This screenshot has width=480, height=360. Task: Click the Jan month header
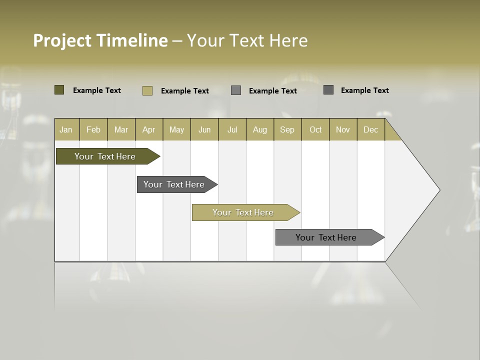(x=66, y=129)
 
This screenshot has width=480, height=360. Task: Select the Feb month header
(x=93, y=129)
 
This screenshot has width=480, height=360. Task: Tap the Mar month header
(x=121, y=129)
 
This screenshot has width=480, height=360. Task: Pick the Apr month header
(x=148, y=129)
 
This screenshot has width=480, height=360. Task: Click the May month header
(x=176, y=129)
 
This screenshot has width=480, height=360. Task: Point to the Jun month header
(x=204, y=129)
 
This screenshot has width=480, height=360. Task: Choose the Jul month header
(x=232, y=129)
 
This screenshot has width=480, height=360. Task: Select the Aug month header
(x=260, y=129)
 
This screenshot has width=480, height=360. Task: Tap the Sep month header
(x=287, y=129)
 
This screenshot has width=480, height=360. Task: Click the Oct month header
(x=315, y=129)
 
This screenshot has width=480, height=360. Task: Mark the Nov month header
(x=343, y=129)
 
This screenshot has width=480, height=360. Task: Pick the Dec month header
(x=370, y=129)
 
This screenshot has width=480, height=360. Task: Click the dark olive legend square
(x=59, y=90)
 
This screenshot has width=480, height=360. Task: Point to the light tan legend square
(x=147, y=90)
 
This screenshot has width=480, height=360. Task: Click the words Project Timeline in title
(x=100, y=40)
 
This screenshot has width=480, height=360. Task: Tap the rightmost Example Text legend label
(x=364, y=90)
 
